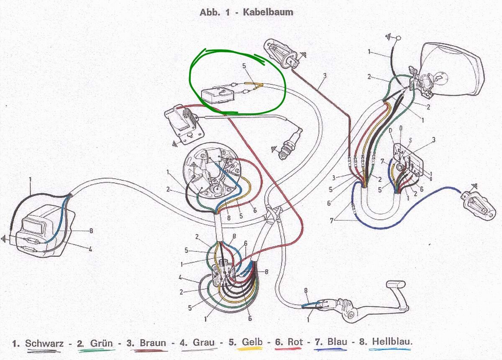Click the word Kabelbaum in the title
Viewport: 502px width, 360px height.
[x=268, y=12]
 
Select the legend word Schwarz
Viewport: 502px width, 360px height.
[x=44, y=343]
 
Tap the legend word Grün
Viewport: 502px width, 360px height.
[x=101, y=343]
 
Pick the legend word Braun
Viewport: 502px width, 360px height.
[x=153, y=342]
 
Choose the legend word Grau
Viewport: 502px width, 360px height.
[x=203, y=342]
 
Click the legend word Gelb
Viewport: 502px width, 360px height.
[x=252, y=342]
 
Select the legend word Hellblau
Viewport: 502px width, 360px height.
[x=392, y=341]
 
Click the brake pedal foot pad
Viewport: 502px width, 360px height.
[x=396, y=285]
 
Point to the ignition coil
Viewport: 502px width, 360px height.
[x=184, y=124]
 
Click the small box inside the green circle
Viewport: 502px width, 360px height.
[x=218, y=96]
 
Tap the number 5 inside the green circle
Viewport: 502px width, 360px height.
[x=244, y=66]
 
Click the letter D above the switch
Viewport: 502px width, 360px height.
[x=391, y=130]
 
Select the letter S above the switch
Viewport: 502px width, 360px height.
[x=410, y=140]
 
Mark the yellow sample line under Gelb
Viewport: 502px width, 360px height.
[x=250, y=348]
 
